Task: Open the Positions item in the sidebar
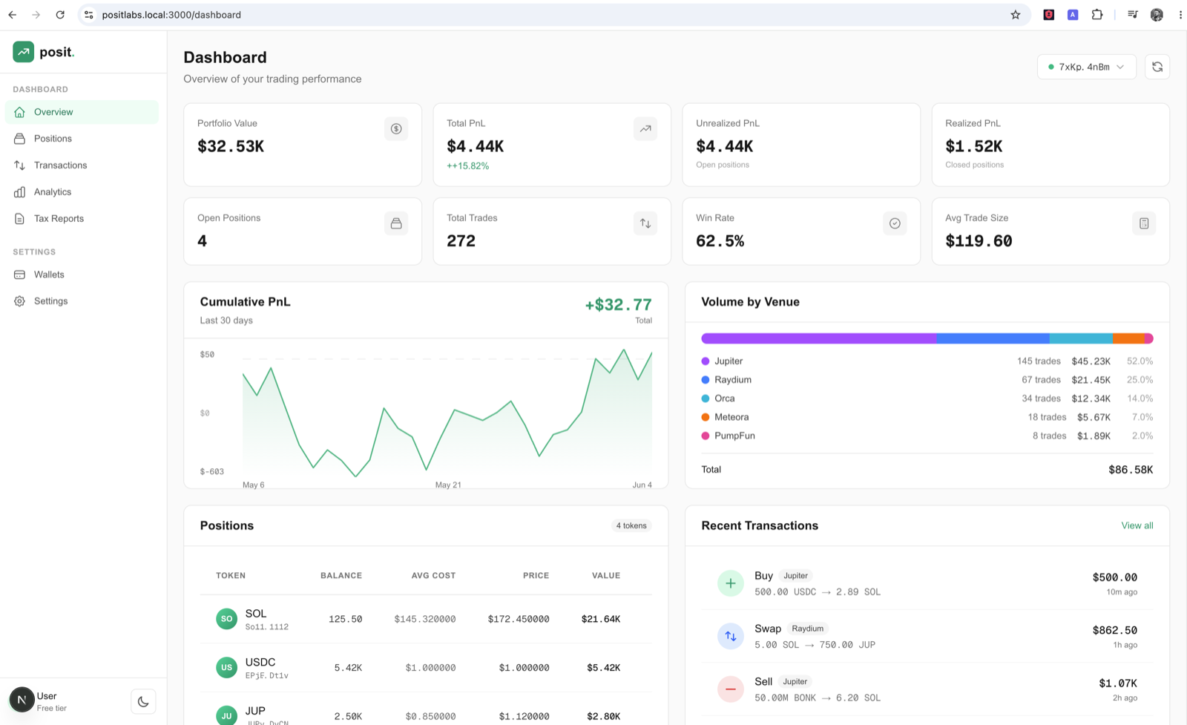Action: click(53, 138)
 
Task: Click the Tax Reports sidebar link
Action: click(59, 218)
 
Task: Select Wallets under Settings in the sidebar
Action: click(49, 275)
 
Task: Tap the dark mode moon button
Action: click(143, 702)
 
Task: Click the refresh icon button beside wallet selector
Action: click(1157, 67)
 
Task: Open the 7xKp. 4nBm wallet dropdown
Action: click(1086, 67)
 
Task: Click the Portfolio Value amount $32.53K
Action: click(231, 146)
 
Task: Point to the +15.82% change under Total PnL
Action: click(468, 166)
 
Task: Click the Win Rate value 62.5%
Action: click(720, 241)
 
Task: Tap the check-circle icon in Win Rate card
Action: click(895, 223)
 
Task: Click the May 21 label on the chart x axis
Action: click(448, 485)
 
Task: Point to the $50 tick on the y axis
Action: click(207, 355)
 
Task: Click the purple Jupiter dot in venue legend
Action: click(706, 361)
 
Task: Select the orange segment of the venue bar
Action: click(1128, 338)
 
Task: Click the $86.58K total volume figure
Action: click(1131, 470)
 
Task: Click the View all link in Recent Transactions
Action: click(1137, 525)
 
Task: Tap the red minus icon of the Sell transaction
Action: click(730, 689)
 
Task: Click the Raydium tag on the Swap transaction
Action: click(808, 629)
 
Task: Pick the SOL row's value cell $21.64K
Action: click(601, 619)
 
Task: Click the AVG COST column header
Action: click(433, 576)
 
